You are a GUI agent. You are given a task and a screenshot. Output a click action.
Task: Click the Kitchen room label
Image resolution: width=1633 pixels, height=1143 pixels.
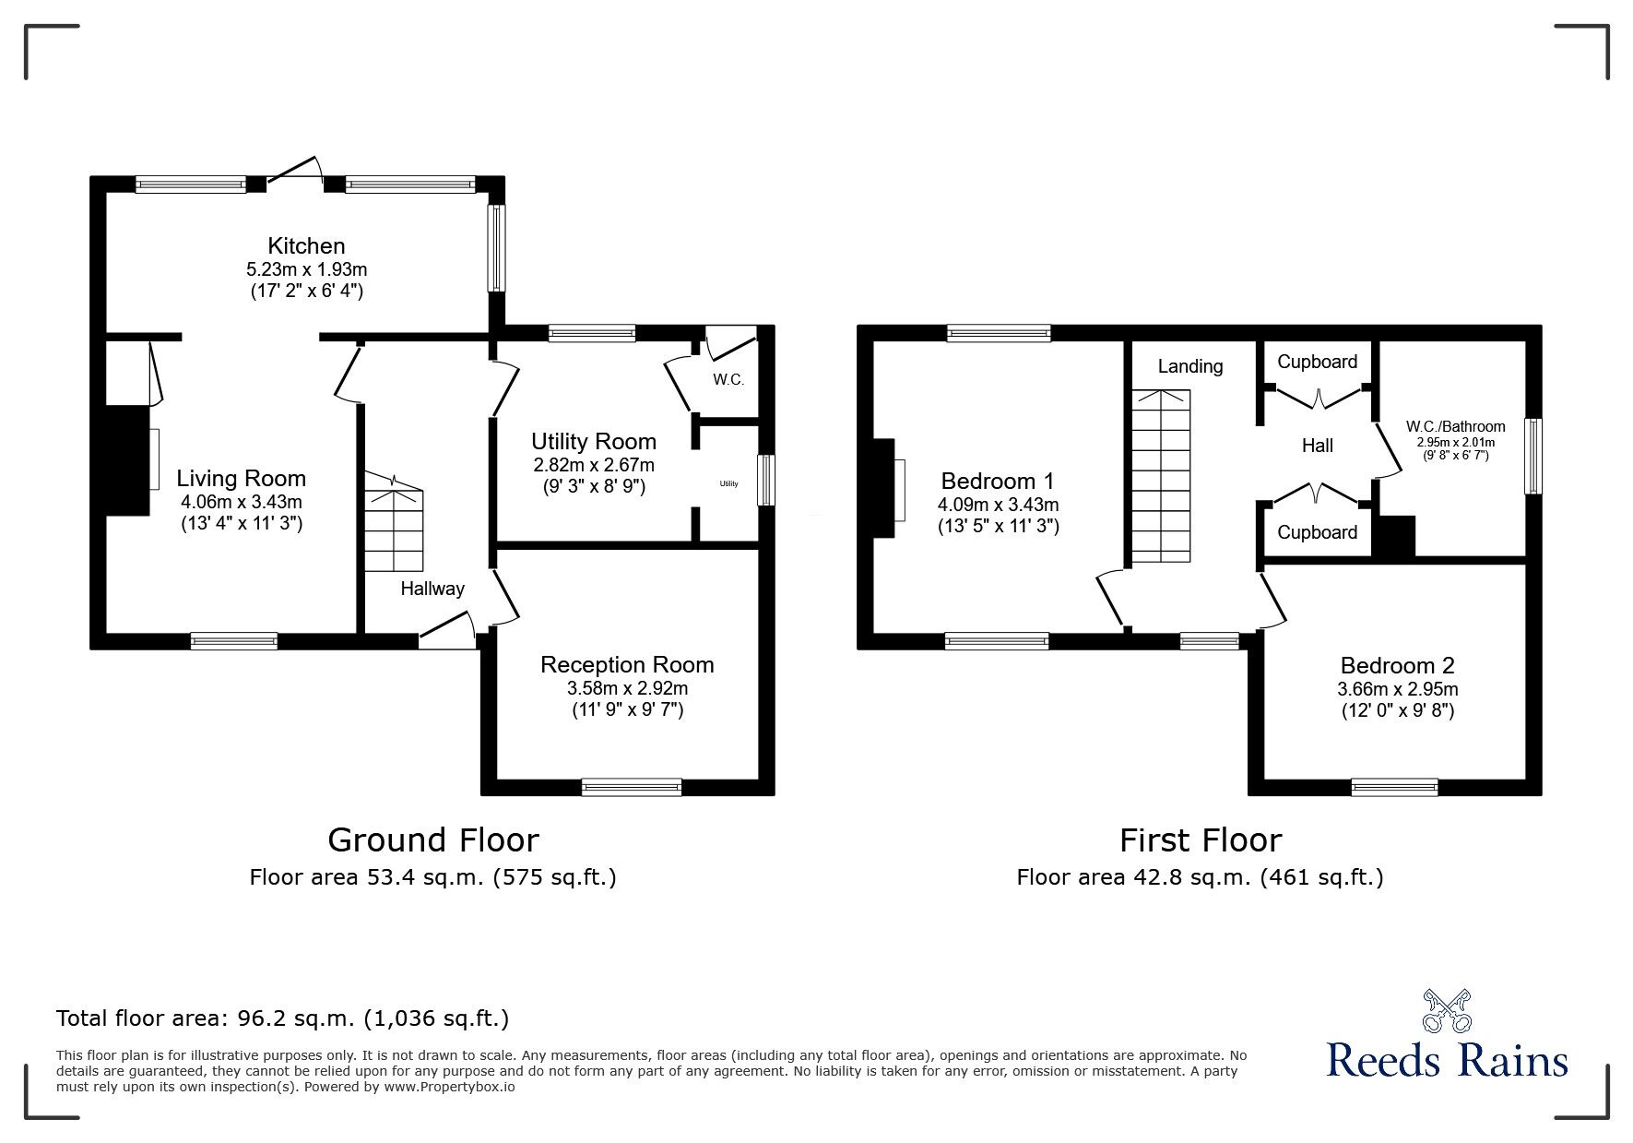click(306, 246)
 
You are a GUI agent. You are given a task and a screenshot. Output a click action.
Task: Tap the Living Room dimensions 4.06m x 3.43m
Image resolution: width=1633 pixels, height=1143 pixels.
click(242, 503)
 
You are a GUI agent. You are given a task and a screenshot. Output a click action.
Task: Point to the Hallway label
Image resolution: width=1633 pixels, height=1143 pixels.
click(432, 589)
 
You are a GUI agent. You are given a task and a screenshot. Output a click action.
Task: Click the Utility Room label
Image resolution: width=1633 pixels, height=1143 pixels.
click(594, 442)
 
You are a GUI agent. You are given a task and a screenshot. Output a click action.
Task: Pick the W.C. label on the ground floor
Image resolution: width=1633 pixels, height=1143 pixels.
click(728, 380)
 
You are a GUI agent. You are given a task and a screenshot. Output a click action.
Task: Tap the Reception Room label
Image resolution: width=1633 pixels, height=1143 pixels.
click(627, 664)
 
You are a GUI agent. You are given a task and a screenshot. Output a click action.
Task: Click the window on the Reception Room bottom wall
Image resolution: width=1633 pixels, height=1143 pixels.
click(632, 787)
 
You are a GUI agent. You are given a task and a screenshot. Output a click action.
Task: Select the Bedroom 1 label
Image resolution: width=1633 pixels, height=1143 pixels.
click(998, 481)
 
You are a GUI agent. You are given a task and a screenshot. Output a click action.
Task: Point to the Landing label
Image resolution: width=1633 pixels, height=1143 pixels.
click(1190, 366)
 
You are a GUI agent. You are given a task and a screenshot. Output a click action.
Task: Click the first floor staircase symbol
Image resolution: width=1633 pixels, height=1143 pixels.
click(1161, 476)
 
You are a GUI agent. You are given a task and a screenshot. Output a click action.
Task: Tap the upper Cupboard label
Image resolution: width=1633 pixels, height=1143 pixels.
click(1317, 362)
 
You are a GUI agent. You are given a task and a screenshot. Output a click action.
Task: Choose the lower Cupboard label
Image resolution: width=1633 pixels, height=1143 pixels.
click(1317, 532)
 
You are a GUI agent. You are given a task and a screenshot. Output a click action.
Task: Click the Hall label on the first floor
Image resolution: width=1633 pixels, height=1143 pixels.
click(1318, 446)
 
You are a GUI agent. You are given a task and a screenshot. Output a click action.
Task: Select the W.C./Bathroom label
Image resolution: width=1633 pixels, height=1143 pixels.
click(1455, 426)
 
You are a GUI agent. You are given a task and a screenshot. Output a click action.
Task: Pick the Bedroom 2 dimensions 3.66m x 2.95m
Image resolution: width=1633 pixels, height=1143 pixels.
click(1398, 689)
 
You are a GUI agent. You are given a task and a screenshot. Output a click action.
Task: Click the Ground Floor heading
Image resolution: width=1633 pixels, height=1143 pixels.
click(433, 840)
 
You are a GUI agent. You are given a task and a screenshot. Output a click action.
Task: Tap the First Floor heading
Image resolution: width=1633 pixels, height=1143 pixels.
click(1201, 840)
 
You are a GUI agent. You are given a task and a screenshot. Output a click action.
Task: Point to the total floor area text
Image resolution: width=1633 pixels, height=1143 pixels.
click(282, 1018)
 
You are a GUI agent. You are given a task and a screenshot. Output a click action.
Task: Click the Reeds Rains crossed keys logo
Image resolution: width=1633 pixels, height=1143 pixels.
click(1448, 1010)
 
